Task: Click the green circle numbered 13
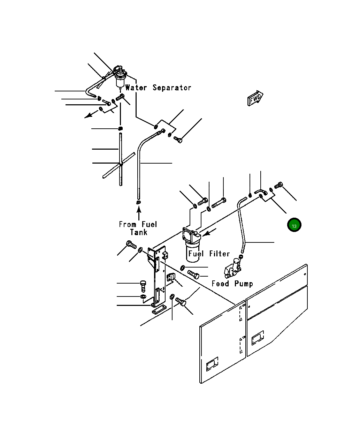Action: (294, 225)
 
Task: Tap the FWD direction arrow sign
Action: (255, 99)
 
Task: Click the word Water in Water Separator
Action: (136, 88)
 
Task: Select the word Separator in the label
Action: (172, 88)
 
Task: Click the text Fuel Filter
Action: (209, 254)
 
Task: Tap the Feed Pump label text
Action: (232, 284)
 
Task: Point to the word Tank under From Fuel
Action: (139, 232)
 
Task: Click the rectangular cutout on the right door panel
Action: (258, 338)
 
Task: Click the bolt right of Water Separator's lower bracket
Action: (178, 140)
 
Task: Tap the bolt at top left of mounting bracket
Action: (131, 245)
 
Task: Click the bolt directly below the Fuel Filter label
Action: (193, 274)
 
